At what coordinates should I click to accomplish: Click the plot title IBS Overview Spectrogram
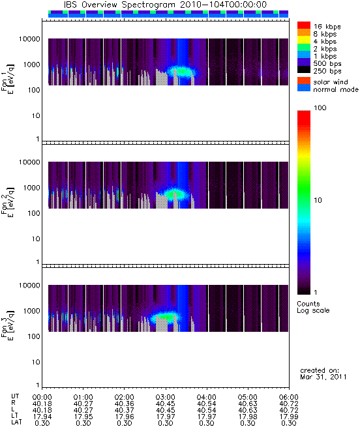pos(119,5)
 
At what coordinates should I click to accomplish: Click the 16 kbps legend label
pos(327,27)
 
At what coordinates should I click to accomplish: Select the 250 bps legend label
pos(327,71)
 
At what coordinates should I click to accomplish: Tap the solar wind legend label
pos(331,82)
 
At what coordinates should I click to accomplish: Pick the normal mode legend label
pos(336,89)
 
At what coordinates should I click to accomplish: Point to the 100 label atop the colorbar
pos(320,108)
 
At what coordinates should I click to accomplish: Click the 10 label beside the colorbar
pos(318,200)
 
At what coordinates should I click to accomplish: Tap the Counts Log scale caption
pos(313,307)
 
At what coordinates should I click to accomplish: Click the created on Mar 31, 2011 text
pos(323,374)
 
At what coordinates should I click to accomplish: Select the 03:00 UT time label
pos(166,397)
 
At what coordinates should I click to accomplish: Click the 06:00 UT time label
pos(289,397)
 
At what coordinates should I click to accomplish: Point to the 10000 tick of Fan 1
pos(29,39)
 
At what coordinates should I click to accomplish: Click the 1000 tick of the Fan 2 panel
pos(31,188)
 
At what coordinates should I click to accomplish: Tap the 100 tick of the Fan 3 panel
pos(34,336)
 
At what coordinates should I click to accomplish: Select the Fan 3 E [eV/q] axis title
pos(8,325)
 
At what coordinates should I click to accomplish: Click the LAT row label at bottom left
pos(16,422)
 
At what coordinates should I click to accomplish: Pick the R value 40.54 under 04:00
pos(206,404)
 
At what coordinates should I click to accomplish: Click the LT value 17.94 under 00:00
pos(42,417)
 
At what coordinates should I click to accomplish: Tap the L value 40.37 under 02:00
pos(125,410)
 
